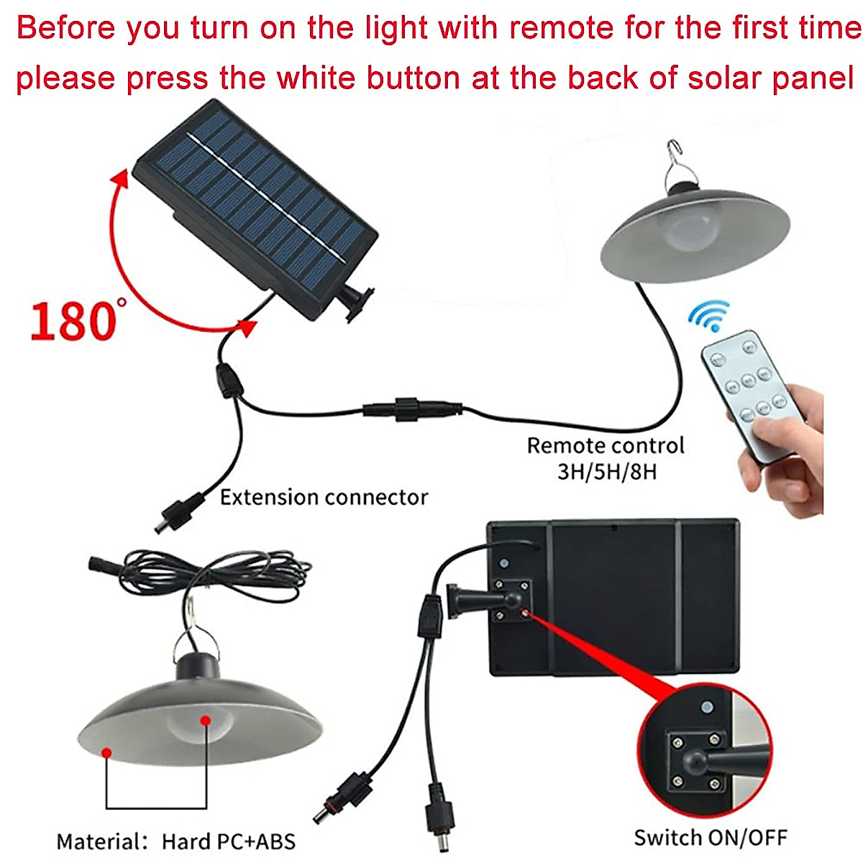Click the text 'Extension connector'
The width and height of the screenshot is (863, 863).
click(324, 498)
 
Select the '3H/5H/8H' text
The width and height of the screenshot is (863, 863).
click(608, 472)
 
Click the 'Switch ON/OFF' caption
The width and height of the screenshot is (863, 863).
click(711, 837)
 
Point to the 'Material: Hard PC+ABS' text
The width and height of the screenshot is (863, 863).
click(176, 841)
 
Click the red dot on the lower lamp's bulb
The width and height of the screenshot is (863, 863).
click(205, 719)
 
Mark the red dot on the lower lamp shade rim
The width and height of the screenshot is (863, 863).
click(106, 752)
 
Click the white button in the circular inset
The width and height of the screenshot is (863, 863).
click(707, 708)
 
